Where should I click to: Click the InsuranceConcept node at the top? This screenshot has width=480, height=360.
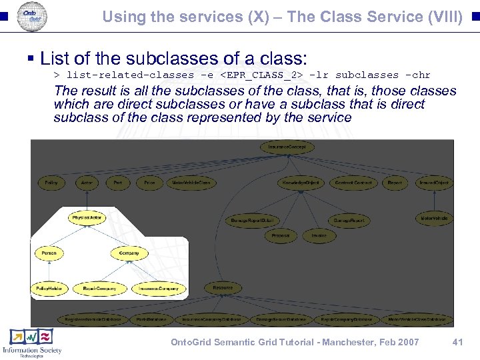(x=287, y=147)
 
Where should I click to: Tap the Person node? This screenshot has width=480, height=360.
(x=49, y=253)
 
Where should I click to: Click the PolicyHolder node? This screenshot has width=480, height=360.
(x=49, y=288)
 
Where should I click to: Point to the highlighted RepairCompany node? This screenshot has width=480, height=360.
(x=99, y=288)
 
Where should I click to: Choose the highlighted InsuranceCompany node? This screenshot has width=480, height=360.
(x=159, y=288)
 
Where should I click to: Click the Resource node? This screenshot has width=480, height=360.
(x=223, y=288)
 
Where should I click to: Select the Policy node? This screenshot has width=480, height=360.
(x=51, y=182)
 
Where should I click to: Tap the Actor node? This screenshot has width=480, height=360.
(x=87, y=182)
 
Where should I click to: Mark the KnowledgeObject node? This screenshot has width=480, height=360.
(x=301, y=182)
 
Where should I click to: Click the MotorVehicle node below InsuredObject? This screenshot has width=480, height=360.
(x=434, y=218)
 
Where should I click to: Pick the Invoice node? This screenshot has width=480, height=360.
(x=319, y=235)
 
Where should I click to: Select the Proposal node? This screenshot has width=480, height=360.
(x=281, y=235)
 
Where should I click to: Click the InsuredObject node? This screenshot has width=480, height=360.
(x=434, y=182)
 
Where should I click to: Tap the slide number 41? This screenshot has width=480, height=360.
(x=457, y=342)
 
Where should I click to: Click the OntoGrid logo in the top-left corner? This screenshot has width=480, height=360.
(x=31, y=15)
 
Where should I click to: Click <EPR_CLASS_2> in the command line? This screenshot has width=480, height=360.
(x=261, y=75)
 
